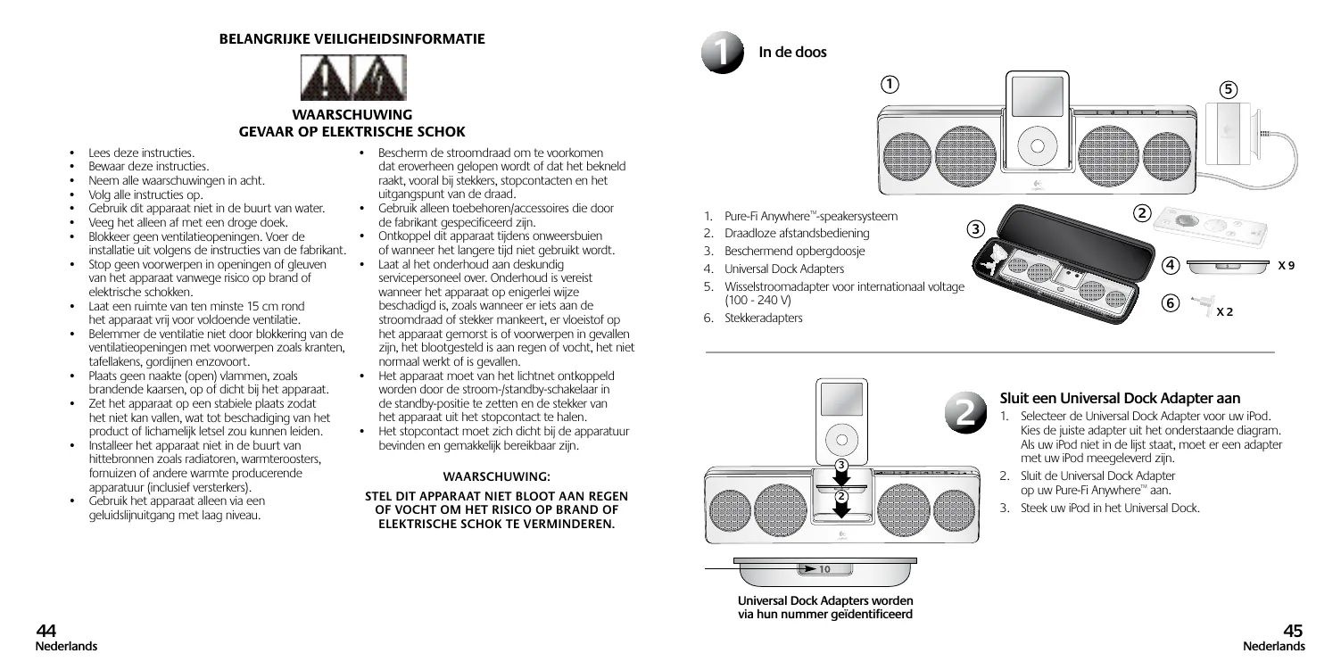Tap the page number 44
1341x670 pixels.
[46, 631]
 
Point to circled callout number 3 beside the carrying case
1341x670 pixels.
[977, 228]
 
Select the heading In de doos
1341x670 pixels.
[791, 52]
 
